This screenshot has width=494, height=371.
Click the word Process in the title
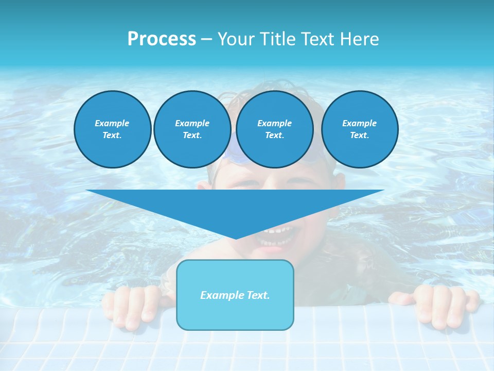162,39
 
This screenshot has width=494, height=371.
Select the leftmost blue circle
112,129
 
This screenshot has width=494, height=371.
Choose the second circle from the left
192,129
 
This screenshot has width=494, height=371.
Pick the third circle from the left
274,129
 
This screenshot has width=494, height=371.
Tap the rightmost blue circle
359,129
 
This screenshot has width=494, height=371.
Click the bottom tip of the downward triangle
235,238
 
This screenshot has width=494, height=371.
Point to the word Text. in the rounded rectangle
257,295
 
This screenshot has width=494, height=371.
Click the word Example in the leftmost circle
112,123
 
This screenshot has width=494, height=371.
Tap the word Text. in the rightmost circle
359,136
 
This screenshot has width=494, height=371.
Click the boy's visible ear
339,183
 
